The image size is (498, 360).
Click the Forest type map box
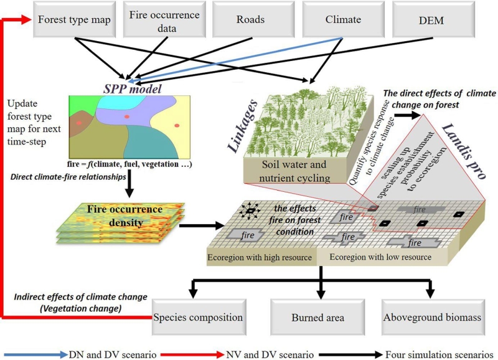click(x=74, y=20)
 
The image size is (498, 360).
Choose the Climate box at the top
click(x=342, y=20)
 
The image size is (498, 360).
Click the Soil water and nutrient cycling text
click(x=292, y=171)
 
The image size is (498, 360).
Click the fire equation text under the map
click(x=128, y=164)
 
